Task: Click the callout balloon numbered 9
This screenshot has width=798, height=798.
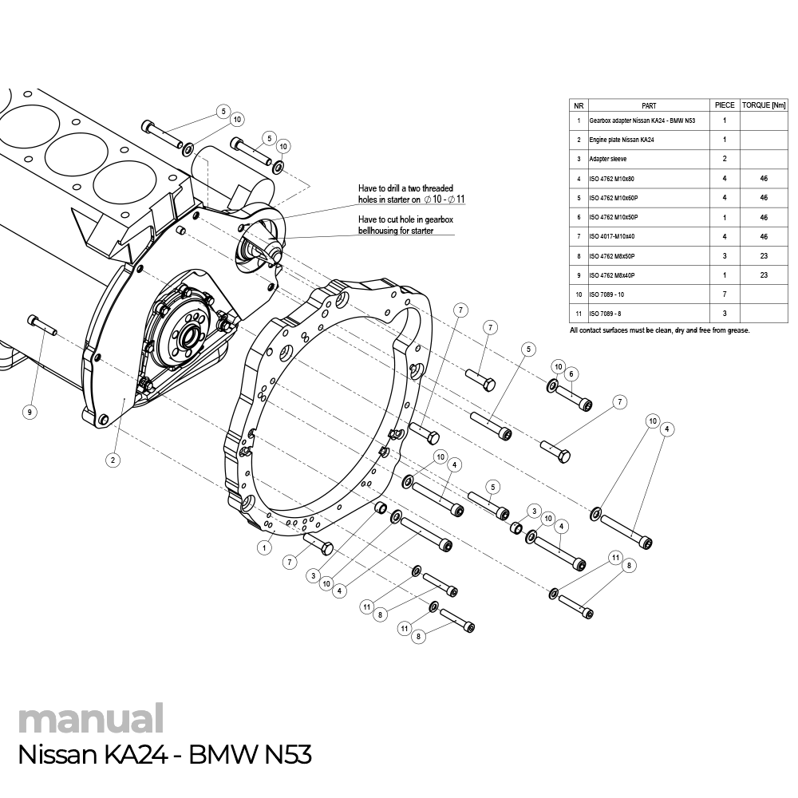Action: tap(30, 412)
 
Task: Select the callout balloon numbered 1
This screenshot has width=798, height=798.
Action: tap(263, 547)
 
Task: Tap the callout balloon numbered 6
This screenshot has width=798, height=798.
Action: tap(571, 373)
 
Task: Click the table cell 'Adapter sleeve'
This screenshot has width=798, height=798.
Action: tap(608, 159)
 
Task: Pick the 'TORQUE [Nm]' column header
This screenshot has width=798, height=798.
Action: tap(764, 105)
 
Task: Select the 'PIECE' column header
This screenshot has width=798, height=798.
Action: tap(725, 105)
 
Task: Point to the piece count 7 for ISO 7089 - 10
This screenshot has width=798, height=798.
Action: tap(725, 294)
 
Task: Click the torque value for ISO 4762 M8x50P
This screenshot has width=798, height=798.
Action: tap(764, 255)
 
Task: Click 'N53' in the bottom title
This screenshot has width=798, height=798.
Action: tap(286, 755)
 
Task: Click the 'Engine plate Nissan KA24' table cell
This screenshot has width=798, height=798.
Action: tap(622, 140)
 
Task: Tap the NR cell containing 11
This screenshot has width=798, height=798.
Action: tap(579, 314)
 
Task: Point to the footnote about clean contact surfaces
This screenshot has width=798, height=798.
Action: tap(660, 330)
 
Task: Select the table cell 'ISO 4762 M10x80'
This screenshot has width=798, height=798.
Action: tap(611, 178)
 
